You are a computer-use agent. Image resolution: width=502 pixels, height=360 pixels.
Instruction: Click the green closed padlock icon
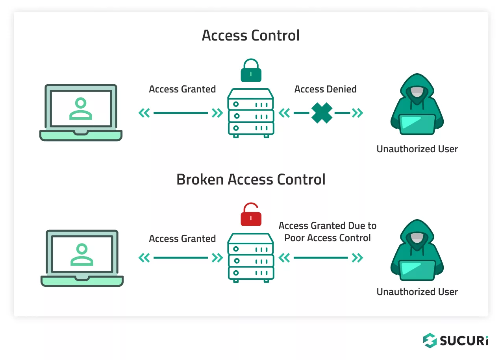tap(251, 71)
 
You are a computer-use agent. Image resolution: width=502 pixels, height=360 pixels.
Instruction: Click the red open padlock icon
tap(251, 215)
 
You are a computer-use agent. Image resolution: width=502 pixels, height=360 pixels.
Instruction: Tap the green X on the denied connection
tap(322, 113)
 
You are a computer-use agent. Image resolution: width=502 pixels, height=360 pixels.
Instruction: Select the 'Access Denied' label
tap(325, 89)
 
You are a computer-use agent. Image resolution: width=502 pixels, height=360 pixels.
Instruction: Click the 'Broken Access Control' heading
tap(251, 179)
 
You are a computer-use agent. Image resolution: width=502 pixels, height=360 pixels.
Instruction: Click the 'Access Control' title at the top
tap(251, 35)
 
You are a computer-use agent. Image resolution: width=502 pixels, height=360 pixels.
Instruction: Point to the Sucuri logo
tap(456, 340)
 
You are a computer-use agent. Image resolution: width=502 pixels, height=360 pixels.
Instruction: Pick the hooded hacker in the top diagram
tap(417, 104)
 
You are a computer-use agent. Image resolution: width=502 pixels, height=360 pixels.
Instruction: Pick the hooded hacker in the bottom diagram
tap(417, 250)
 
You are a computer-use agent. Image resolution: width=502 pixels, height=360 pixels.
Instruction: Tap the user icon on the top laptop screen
tap(81, 109)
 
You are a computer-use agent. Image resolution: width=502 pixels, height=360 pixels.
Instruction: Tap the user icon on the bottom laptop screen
tap(82, 255)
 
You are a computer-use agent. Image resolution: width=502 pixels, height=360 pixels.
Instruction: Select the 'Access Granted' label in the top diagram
tap(182, 89)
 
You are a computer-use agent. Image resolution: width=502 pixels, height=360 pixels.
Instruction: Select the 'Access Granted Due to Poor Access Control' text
tap(328, 232)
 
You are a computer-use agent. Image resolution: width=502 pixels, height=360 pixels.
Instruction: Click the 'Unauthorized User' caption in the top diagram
tap(417, 149)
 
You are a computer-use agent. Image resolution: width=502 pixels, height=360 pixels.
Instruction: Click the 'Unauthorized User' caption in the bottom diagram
tap(417, 292)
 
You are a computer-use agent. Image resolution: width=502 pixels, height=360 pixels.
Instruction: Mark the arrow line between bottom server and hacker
tap(321, 258)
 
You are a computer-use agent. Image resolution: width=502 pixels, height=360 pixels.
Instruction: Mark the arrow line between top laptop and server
tap(181, 113)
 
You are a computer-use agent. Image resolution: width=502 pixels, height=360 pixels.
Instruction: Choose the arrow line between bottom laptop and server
tap(181, 258)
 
